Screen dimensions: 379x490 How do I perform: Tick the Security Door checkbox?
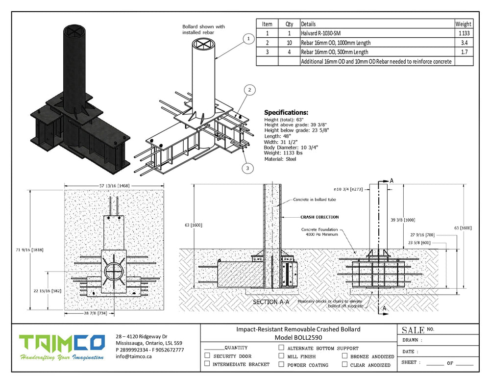click(207, 355)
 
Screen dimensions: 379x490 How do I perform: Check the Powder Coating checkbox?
click(281, 364)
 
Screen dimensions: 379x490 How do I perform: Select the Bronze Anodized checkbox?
click(345, 356)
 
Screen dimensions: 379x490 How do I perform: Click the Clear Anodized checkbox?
click(345, 364)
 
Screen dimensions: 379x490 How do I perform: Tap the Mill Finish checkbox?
click(281, 356)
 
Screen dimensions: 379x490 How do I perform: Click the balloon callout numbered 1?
click(248, 38)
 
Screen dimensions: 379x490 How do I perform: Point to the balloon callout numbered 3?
click(248, 168)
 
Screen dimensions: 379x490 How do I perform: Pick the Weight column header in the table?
click(463, 24)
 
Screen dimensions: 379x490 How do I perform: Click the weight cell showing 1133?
click(464, 33)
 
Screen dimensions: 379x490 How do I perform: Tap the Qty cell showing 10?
click(289, 43)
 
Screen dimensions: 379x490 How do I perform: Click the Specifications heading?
click(286, 112)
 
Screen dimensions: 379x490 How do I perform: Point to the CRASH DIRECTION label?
click(319, 217)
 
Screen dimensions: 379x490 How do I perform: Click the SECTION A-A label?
click(271, 302)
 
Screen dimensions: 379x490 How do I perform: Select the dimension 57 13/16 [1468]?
click(114, 185)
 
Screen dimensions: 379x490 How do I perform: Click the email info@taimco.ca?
click(134, 356)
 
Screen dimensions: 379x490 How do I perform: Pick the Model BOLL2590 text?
click(298, 338)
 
